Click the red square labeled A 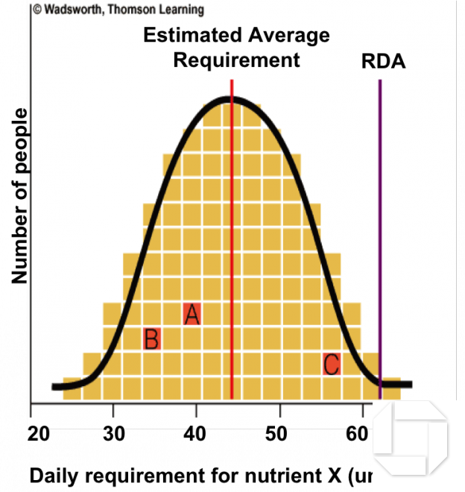coord(192,314)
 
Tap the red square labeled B coord(152,339)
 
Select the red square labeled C coord(332,364)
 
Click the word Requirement coord(236,60)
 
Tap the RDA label coord(383,61)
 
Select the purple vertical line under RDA coord(380,224)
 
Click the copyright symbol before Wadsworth coord(36,10)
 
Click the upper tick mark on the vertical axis coord(28,136)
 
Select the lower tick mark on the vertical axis coord(28,171)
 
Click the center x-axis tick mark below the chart coord(196,410)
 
